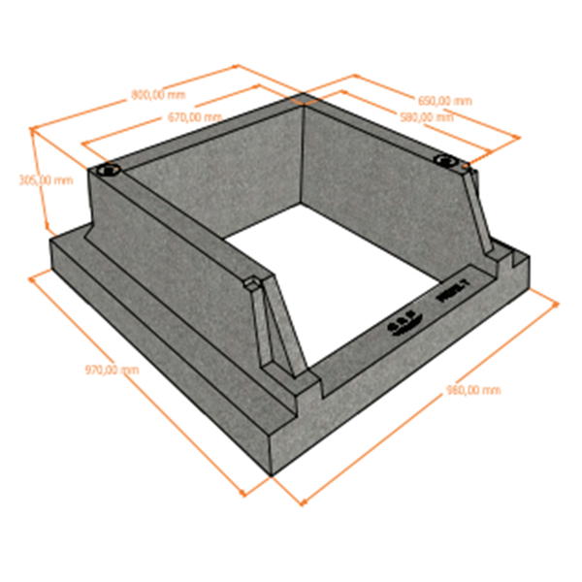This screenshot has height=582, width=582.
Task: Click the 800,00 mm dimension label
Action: click(x=157, y=96)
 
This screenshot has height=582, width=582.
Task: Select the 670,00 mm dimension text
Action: click(x=194, y=116)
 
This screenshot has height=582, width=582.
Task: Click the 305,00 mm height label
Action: click(x=46, y=180)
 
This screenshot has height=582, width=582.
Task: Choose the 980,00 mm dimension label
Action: click(x=473, y=390)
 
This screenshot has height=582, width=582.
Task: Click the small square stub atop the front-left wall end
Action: click(x=252, y=283)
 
